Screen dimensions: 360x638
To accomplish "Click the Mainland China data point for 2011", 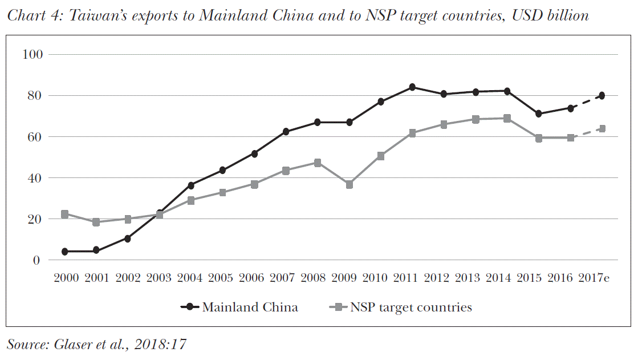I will [412, 87].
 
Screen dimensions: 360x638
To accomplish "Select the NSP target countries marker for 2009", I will [350, 185].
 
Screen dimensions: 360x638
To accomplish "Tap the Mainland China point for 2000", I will [65, 252].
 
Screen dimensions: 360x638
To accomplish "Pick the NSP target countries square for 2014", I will [506, 119].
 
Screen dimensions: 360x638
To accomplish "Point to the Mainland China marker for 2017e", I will [602, 96].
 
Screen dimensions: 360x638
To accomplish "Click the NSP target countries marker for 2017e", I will [602, 129].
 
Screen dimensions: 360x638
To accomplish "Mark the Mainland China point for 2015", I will [538, 114].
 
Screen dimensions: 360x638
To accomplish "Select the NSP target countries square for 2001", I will [96, 222].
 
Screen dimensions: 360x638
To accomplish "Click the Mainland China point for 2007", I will [286, 132].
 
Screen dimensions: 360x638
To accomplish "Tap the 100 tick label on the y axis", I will [32, 55].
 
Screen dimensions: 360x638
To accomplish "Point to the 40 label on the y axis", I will [35, 178].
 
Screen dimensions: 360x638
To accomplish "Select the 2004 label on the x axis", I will [190, 278].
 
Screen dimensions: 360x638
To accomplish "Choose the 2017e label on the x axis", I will [594, 278].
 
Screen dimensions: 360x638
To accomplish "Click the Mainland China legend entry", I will [249, 308].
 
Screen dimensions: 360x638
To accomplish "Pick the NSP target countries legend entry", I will [411, 308].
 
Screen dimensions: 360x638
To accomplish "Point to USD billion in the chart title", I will [550, 15].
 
